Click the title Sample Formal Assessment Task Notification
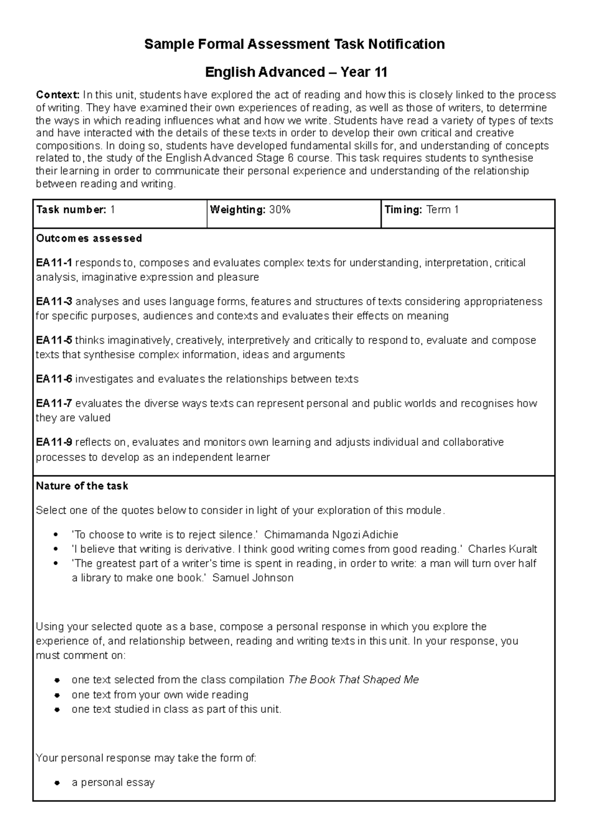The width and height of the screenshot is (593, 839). click(295, 44)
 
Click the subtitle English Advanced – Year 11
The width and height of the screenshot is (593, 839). click(296, 73)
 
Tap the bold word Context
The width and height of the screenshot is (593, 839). click(57, 95)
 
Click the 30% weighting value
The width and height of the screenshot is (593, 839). click(280, 210)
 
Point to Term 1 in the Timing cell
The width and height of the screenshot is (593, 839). click(442, 210)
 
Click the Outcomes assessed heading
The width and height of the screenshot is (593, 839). click(89, 239)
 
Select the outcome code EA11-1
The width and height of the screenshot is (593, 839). click(54, 263)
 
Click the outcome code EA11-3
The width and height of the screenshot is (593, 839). click(54, 302)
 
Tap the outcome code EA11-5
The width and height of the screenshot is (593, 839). click(54, 340)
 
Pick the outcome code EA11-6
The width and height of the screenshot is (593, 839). click(54, 379)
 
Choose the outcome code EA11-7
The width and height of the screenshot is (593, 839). click(54, 404)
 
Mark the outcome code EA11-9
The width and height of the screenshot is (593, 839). click(54, 442)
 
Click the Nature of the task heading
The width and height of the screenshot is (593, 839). click(82, 486)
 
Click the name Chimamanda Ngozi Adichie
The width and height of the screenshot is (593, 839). click(331, 535)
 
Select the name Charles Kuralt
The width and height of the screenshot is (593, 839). click(502, 549)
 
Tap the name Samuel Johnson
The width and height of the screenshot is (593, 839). click(253, 578)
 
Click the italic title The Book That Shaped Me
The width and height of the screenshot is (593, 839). click(353, 680)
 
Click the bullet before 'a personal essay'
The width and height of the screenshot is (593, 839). click(58, 783)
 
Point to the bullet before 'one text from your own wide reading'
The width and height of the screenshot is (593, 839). click(58, 695)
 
